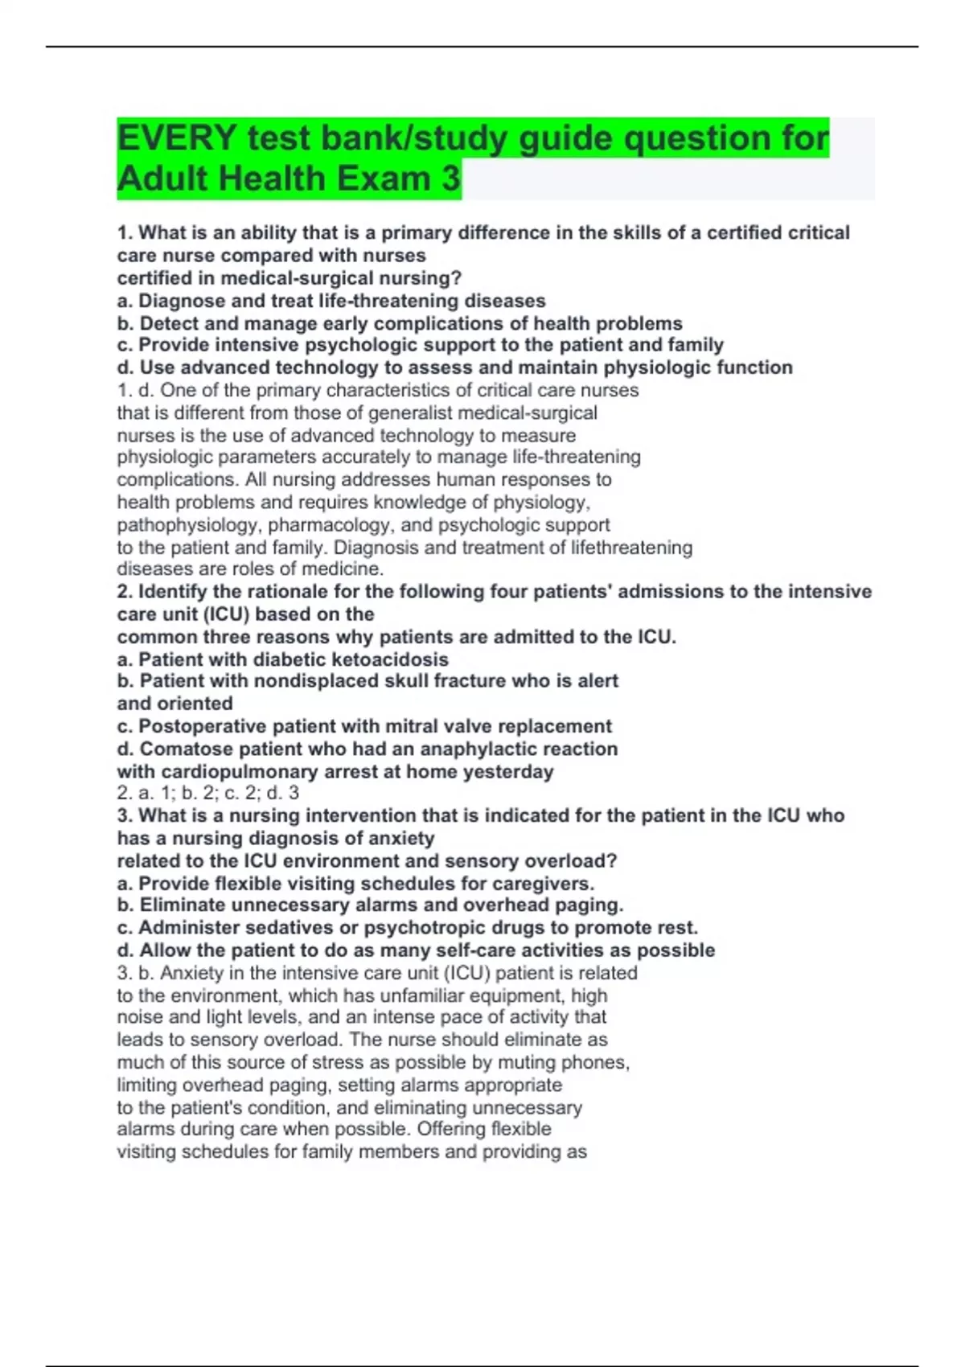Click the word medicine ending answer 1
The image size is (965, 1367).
[351, 569]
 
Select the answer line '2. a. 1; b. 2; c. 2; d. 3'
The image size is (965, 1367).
[208, 793]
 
